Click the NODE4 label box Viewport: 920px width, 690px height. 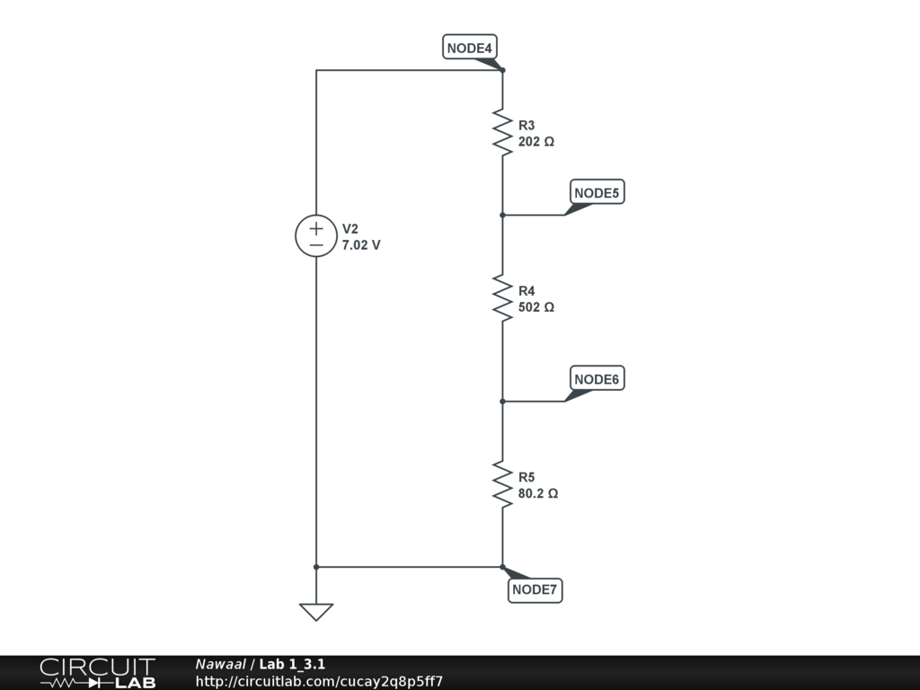point(470,48)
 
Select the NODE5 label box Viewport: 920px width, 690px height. point(597,192)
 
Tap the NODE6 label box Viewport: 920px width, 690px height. point(597,379)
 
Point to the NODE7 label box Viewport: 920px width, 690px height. point(535,590)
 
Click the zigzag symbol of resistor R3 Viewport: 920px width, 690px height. point(502,132)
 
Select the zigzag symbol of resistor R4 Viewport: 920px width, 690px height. point(502,297)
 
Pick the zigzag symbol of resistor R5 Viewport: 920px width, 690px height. point(502,484)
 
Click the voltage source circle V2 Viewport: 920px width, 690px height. point(316,236)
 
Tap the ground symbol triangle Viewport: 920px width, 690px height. point(316,612)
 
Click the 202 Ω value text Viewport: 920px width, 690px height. point(536,142)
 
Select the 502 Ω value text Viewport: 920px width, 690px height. point(536,307)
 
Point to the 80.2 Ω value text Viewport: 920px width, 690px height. point(538,494)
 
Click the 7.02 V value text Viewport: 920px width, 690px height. point(361,244)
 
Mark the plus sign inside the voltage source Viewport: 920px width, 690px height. point(316,228)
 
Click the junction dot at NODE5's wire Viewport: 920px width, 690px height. point(502,215)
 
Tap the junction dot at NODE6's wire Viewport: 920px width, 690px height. point(502,402)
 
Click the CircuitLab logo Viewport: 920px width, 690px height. point(97,673)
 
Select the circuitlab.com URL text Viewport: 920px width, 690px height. point(319,681)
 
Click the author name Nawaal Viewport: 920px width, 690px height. point(220,665)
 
